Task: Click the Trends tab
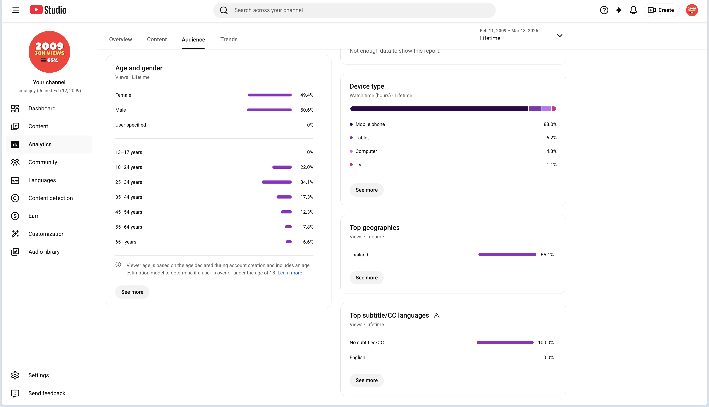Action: point(229,39)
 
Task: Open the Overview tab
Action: point(120,39)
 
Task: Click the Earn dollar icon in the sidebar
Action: point(15,216)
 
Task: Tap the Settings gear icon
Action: point(15,375)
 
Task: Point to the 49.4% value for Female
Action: point(307,95)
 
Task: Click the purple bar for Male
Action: point(269,110)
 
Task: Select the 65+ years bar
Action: point(289,242)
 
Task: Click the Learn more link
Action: point(290,273)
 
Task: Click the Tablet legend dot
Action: point(351,138)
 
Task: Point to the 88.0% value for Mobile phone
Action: point(550,124)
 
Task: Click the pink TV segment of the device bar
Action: point(554,109)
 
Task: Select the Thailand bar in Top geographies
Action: point(507,255)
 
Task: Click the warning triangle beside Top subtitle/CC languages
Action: point(437,316)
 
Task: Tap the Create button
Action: point(662,10)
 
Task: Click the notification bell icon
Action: point(633,10)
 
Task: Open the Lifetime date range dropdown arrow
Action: point(560,35)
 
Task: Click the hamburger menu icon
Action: point(16,10)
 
